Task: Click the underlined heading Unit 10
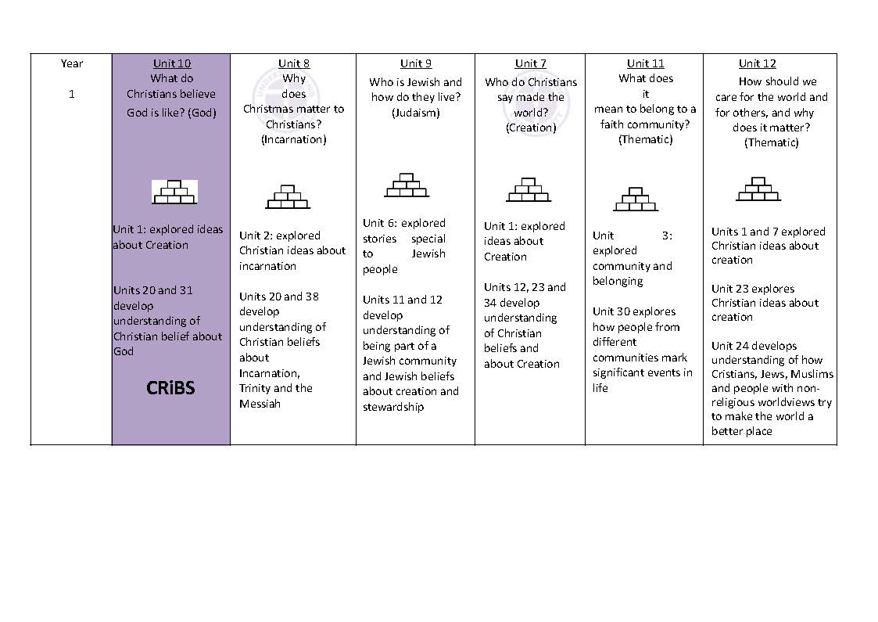(x=172, y=63)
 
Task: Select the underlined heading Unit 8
(x=294, y=63)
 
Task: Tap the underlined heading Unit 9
(x=416, y=63)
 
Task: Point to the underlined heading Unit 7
(x=531, y=63)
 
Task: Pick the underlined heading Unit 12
(x=758, y=63)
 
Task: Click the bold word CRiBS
(x=170, y=388)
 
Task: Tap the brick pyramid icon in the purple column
(x=174, y=192)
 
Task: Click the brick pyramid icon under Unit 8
(x=288, y=196)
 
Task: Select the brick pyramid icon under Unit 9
(x=406, y=185)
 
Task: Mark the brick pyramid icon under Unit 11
(x=636, y=200)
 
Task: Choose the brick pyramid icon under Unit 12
(x=758, y=189)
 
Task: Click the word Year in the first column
(x=72, y=63)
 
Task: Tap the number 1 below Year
(x=72, y=95)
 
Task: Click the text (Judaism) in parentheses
(x=416, y=113)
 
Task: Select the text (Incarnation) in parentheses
(x=294, y=139)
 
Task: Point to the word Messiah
(x=260, y=404)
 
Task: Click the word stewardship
(x=392, y=407)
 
